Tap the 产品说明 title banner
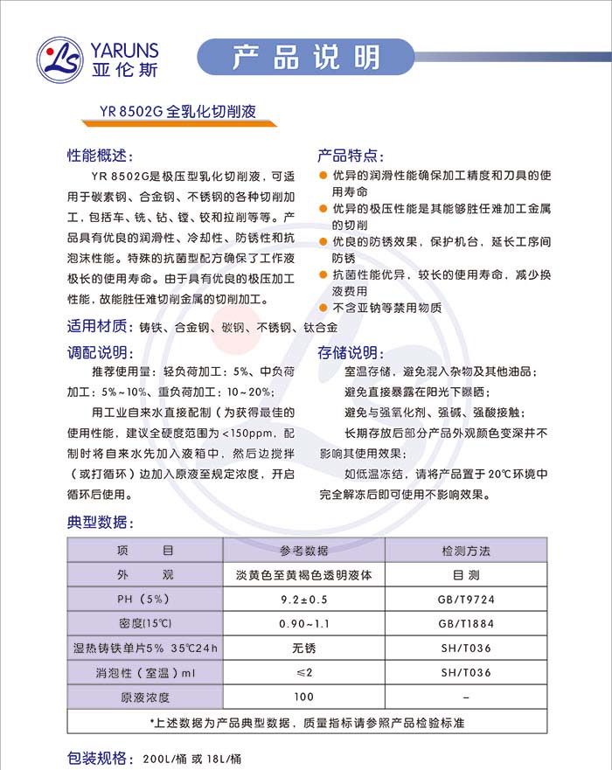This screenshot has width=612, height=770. (x=306, y=57)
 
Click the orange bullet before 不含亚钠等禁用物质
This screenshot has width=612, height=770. (x=323, y=308)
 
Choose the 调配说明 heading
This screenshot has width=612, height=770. (x=98, y=353)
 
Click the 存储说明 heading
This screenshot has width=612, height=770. (x=349, y=353)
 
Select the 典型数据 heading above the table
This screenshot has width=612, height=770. (x=98, y=523)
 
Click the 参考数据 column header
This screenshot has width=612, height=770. (x=303, y=551)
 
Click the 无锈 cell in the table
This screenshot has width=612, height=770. (x=303, y=649)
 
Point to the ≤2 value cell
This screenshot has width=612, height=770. (x=303, y=673)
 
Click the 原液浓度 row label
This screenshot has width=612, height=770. (x=145, y=697)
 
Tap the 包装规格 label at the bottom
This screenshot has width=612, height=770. (x=98, y=757)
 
